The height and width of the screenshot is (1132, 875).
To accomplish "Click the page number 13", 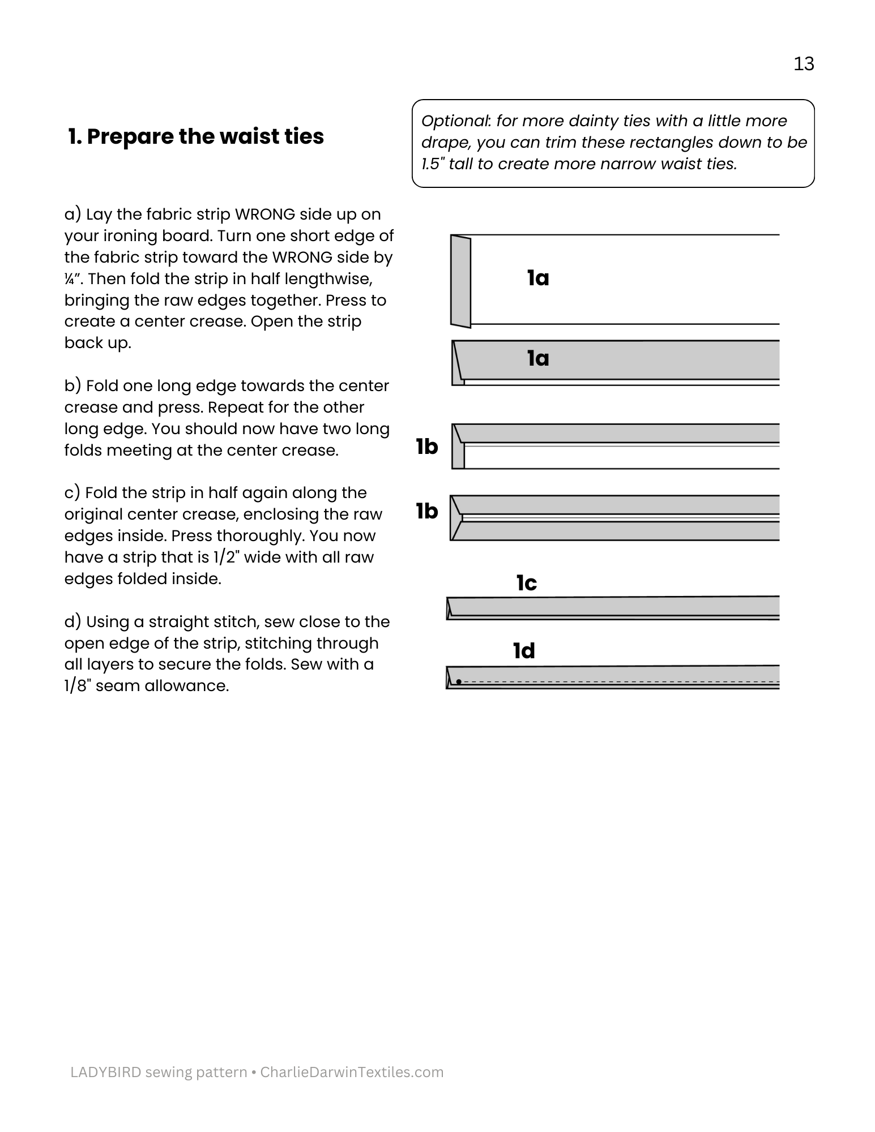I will pos(804,63).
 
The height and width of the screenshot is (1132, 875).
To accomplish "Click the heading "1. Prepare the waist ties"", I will pos(196,136).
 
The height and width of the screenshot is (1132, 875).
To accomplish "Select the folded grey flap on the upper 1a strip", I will pos(460,281).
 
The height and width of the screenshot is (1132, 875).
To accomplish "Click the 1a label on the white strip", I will pos(538,278).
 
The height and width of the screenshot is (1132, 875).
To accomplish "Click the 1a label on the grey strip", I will pos(538,358).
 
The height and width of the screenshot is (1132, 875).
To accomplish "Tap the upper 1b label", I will pos(427,447).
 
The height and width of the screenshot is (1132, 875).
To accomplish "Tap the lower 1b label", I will pos(427,511).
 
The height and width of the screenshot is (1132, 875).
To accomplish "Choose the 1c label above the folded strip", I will pos(527,583).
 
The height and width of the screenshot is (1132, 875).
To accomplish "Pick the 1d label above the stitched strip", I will pos(524,651).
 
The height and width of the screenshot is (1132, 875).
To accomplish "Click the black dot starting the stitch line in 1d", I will pos(459,681).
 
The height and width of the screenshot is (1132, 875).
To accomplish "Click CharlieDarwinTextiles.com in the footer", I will pos(352,1072).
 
